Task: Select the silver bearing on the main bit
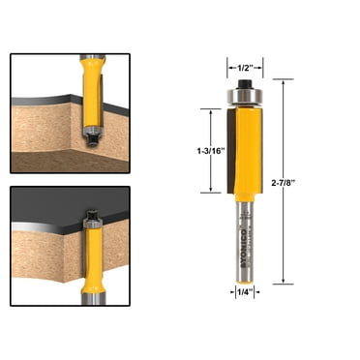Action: (x=237, y=98)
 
